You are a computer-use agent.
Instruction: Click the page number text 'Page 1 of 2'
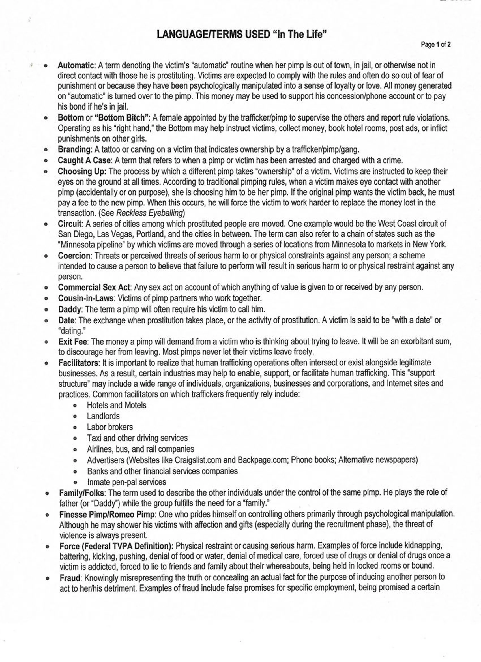pyautogui.click(x=435, y=45)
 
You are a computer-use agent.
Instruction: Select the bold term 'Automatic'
pyautogui.click(x=76, y=65)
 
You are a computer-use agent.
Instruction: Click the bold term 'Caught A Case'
pyautogui.click(x=84, y=160)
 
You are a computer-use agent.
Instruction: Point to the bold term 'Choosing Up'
pyautogui.click(x=82, y=171)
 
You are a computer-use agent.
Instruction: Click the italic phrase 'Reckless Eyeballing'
pyautogui.click(x=150, y=213)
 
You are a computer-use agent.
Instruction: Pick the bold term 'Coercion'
pyautogui.click(x=74, y=256)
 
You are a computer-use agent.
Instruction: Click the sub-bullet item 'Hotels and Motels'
pyautogui.click(x=117, y=405)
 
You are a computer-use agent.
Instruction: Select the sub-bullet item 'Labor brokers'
pyautogui.click(x=110, y=427)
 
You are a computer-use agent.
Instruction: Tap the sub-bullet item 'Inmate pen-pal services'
pyautogui.click(x=126, y=482)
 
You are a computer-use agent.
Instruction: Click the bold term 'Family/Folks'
pyautogui.click(x=82, y=493)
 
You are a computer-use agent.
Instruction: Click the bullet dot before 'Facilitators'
pyautogui.click(x=46, y=363)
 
